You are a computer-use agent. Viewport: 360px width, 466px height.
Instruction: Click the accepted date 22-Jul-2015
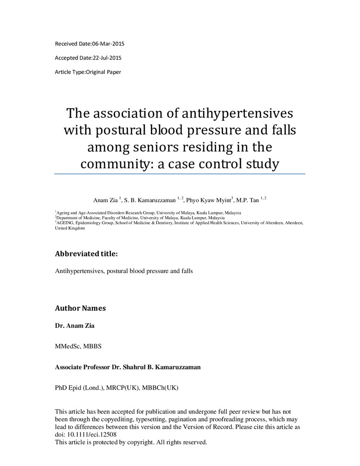[108, 58]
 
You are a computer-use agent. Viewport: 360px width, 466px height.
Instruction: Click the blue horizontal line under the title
[180, 174]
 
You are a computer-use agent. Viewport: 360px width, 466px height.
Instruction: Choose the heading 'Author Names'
[80, 308]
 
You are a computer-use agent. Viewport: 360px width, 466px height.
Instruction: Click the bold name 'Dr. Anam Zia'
[75, 325]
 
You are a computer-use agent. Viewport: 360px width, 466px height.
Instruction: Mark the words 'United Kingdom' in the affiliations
[70, 228]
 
